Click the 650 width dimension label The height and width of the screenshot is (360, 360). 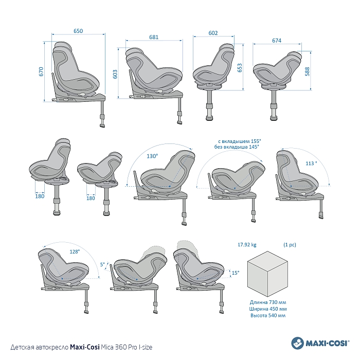[x=78, y=31]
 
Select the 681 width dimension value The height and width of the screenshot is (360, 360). [x=153, y=38]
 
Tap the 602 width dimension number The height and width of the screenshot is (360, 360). [x=213, y=33]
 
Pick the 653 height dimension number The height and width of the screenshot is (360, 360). [x=240, y=68]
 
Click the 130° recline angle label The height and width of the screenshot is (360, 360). [x=152, y=156]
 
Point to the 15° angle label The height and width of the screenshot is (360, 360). [x=235, y=273]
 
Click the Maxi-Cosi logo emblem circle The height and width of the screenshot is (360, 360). [x=297, y=342]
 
